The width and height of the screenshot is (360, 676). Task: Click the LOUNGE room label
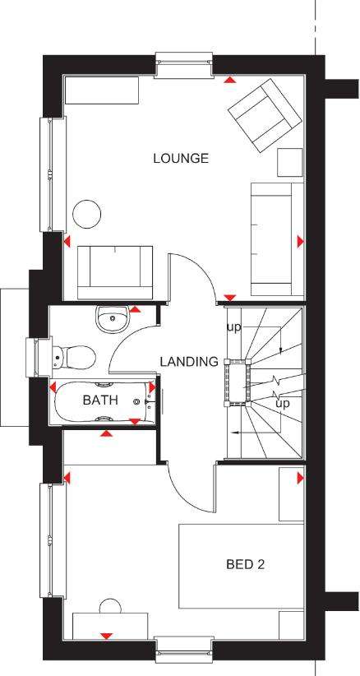tap(181, 158)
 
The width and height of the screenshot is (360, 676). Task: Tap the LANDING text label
tap(189, 361)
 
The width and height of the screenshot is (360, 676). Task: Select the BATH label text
tap(100, 400)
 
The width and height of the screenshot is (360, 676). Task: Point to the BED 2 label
tap(245, 564)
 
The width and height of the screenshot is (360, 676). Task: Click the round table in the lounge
tap(86, 214)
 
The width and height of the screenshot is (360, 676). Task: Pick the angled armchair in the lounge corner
tap(264, 115)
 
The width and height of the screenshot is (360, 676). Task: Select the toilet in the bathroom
tap(73, 357)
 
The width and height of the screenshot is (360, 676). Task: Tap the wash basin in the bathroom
tap(112, 318)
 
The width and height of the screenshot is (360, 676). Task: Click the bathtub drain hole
tap(137, 402)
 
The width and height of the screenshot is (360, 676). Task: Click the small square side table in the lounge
tap(290, 162)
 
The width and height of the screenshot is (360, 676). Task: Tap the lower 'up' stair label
tap(283, 404)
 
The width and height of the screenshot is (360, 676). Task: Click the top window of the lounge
tap(184, 65)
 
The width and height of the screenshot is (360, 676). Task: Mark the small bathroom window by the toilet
tap(39, 358)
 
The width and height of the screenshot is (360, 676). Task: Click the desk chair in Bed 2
tap(111, 606)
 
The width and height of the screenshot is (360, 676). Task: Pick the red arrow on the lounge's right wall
tap(301, 242)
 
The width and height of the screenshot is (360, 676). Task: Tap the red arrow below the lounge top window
tap(231, 79)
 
